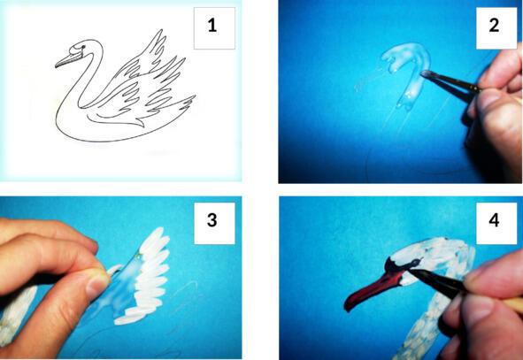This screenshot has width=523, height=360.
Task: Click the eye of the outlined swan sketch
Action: (81, 47)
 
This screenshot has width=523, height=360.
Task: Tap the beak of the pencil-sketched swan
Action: (67, 59)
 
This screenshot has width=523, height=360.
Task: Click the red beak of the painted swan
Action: (373, 288)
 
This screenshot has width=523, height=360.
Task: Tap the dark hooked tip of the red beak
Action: (349, 304)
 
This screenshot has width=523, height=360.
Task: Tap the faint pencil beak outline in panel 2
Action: (368, 80)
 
